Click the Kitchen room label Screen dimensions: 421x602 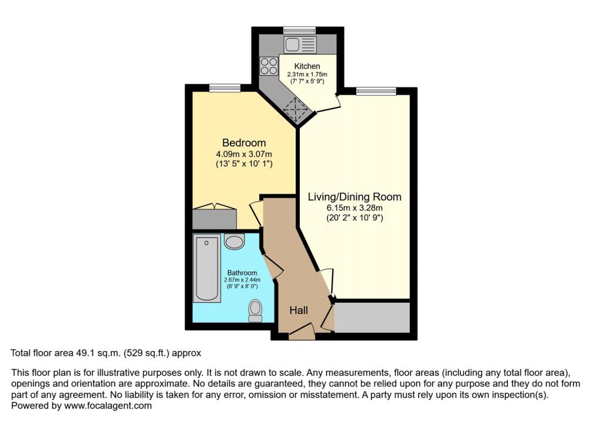tap(307, 66)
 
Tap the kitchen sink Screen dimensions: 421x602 tap(300, 44)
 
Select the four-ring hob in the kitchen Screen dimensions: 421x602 tap(269, 65)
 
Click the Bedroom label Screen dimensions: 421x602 tap(243, 143)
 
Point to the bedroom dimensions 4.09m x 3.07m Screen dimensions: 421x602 tap(243, 154)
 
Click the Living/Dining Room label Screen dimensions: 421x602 tap(354, 197)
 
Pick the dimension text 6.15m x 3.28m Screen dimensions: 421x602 tap(354, 208)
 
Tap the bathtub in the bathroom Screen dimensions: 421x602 tap(207, 269)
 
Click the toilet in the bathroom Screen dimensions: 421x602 tap(255, 310)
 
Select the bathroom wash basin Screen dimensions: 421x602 tap(235, 242)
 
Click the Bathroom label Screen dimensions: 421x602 tap(242, 273)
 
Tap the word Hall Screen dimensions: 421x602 tap(299, 310)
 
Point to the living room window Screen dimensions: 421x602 tap(375, 91)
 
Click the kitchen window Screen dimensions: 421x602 tap(300, 29)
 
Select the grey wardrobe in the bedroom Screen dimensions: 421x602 tap(215, 218)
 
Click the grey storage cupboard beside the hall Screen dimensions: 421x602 tap(372, 318)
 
